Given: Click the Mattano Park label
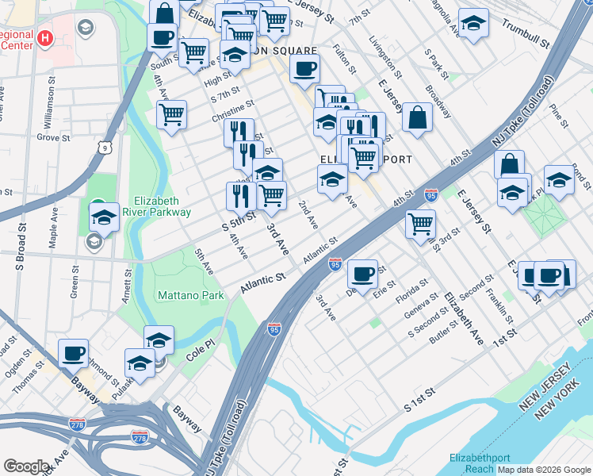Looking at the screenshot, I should pyautogui.click(x=191, y=295).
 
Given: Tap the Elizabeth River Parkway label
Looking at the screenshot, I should pyautogui.click(x=162, y=206).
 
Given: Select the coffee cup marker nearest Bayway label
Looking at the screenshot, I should pyautogui.click(x=74, y=353).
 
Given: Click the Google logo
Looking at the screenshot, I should pyautogui.click(x=27, y=466).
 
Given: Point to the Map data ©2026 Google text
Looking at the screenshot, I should pyautogui.click(x=543, y=470).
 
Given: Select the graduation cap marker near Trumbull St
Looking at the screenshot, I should pyautogui.click(x=474, y=25).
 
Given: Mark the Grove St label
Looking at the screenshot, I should pyautogui.click(x=53, y=137).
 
